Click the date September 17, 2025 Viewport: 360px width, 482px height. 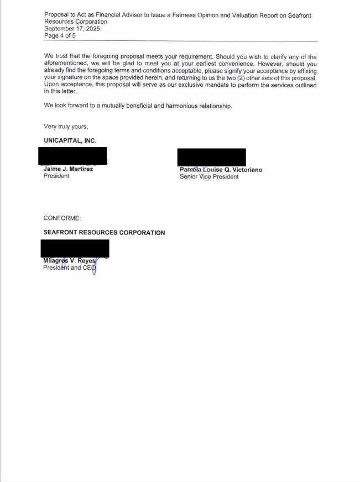coord(72,29)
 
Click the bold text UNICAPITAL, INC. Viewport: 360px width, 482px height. coord(70,141)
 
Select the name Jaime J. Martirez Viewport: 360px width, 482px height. coord(68,169)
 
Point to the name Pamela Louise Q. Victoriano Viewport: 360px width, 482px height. coord(221,170)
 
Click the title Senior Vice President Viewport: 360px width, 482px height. coord(209,177)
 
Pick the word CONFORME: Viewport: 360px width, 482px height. coord(62,218)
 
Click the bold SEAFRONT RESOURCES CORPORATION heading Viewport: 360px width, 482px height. coord(104,233)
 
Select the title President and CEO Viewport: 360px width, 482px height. coord(70,268)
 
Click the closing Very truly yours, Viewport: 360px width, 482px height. coord(66,127)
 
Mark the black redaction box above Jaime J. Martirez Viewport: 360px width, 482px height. coord(72,156)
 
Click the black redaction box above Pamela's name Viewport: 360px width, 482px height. coord(211,157)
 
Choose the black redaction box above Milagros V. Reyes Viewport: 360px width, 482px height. coord(76,248)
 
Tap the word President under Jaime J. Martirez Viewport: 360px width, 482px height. coord(56,176)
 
